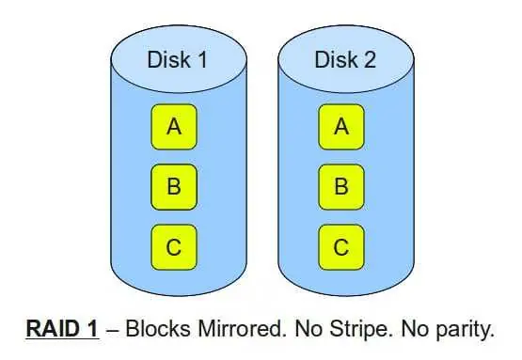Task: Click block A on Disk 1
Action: point(174,127)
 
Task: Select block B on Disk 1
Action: point(174,187)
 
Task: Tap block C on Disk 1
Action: point(174,247)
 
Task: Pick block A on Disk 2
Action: point(341,127)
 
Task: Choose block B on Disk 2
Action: point(341,187)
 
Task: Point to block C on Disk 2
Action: point(341,247)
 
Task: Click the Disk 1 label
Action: point(177,60)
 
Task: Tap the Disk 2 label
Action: point(345,60)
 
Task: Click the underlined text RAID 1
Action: point(62,328)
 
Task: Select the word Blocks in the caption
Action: point(158,328)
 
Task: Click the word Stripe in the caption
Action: point(359,329)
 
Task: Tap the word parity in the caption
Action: point(466,330)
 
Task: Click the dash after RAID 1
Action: point(113,330)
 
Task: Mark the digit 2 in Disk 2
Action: point(370,60)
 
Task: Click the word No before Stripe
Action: point(308,328)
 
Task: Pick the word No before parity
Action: point(415,328)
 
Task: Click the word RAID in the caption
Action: point(53,328)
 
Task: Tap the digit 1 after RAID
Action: point(92,328)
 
